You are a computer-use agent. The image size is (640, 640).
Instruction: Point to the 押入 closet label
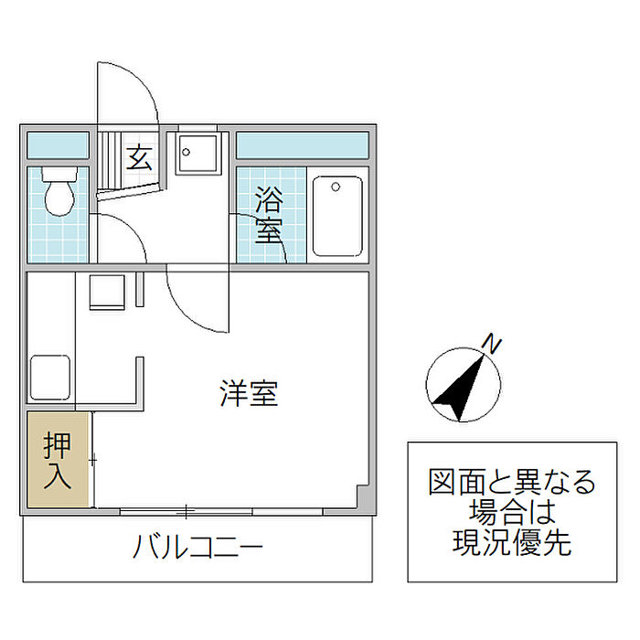tap(58, 461)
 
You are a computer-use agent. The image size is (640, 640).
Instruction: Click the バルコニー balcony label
tap(198, 549)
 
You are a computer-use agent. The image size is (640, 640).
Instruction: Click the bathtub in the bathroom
tap(337, 216)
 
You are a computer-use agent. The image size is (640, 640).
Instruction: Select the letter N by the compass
tap(493, 345)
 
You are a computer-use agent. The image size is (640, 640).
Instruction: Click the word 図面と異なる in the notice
tap(511, 481)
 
